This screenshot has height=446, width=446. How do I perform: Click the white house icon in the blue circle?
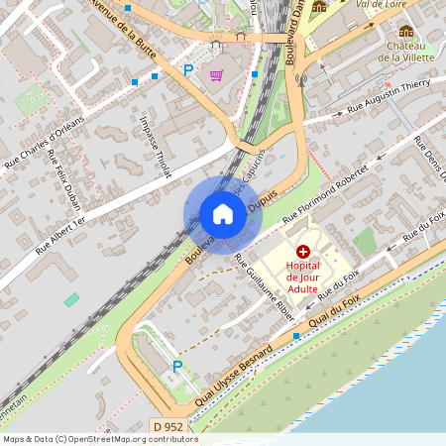tap(223, 214)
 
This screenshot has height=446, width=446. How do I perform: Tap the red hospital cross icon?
tap(302, 253)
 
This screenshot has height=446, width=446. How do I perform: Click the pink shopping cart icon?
tap(216, 74)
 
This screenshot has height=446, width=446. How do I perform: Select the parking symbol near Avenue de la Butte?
tap(188, 70)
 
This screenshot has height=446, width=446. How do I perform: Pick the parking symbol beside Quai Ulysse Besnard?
tap(177, 367)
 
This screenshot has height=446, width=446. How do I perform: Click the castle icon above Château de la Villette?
tap(406, 32)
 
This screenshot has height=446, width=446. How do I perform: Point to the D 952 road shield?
tap(167, 427)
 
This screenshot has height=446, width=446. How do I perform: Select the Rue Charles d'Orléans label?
tap(42, 145)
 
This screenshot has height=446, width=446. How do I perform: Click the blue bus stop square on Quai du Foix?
tap(295, 336)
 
